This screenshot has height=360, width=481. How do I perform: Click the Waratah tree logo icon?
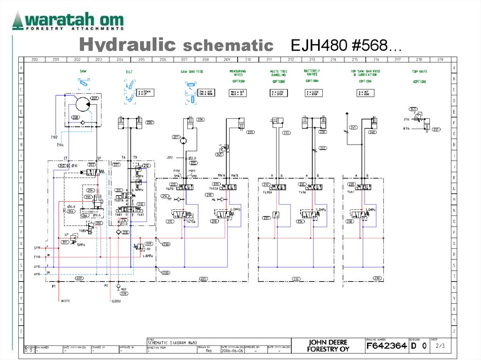(17, 21)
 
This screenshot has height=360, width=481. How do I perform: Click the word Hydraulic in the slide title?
(127, 46)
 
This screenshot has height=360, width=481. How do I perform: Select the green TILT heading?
(129, 72)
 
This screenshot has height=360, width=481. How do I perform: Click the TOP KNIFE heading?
(419, 72)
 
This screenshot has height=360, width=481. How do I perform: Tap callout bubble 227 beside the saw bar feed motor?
(176, 138)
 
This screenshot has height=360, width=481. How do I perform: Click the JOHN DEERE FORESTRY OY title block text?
(328, 346)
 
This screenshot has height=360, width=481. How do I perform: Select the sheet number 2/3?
(440, 346)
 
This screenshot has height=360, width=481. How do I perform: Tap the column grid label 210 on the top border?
(248, 60)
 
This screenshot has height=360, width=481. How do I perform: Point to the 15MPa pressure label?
(80, 245)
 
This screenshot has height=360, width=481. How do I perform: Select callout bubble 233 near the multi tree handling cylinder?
(286, 133)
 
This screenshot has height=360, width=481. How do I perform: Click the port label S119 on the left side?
(37, 247)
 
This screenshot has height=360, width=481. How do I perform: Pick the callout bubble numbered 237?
(436, 130)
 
